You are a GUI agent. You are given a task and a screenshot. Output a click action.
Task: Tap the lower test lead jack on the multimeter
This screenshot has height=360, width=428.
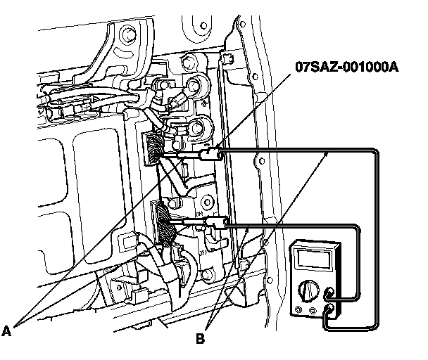click(329, 307)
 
